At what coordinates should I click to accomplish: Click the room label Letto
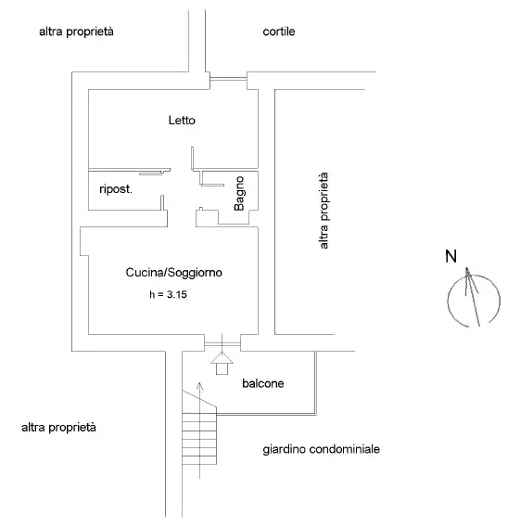point(182,121)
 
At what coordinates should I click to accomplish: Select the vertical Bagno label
point(238,194)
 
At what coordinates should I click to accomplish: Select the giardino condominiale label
point(321,450)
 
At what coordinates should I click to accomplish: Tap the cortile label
point(278,32)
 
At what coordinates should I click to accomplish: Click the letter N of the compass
point(450,257)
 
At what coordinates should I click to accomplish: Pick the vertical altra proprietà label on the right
point(324,211)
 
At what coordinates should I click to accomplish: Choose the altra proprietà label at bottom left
point(58,428)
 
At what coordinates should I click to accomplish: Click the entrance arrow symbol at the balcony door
point(221,362)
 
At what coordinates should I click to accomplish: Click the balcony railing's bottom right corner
point(317,414)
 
